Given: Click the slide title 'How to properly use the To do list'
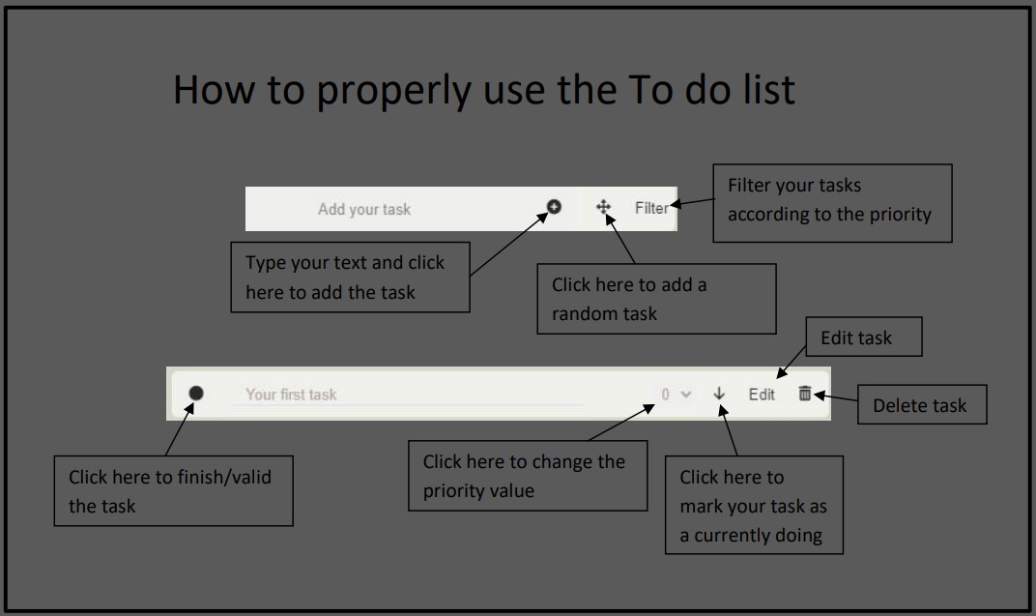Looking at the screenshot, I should pos(483,90).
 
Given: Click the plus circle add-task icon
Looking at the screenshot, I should pos(554,206).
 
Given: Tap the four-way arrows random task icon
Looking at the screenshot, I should pos(603,207).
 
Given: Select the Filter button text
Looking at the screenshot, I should pos(651,208).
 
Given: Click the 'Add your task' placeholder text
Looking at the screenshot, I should pos(364,209).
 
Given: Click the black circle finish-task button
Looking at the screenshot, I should pos(196,393).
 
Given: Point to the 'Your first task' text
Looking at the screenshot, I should pos(291,395).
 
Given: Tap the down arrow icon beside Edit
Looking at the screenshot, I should pos(719,394).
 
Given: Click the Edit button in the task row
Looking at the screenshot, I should pos(762,395).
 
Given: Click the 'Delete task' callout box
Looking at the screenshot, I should pos(922,405).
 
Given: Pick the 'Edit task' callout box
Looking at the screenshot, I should pos(863,337).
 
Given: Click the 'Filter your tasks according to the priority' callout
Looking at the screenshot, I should pos(832,202).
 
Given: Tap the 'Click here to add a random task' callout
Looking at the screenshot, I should pos(656,299).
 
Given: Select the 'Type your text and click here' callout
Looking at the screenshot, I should pos(350,277).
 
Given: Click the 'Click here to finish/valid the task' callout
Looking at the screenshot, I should pos(173,490).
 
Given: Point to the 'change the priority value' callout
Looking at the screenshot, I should pos(528,476).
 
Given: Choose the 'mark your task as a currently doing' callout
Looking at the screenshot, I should pos(754,505).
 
